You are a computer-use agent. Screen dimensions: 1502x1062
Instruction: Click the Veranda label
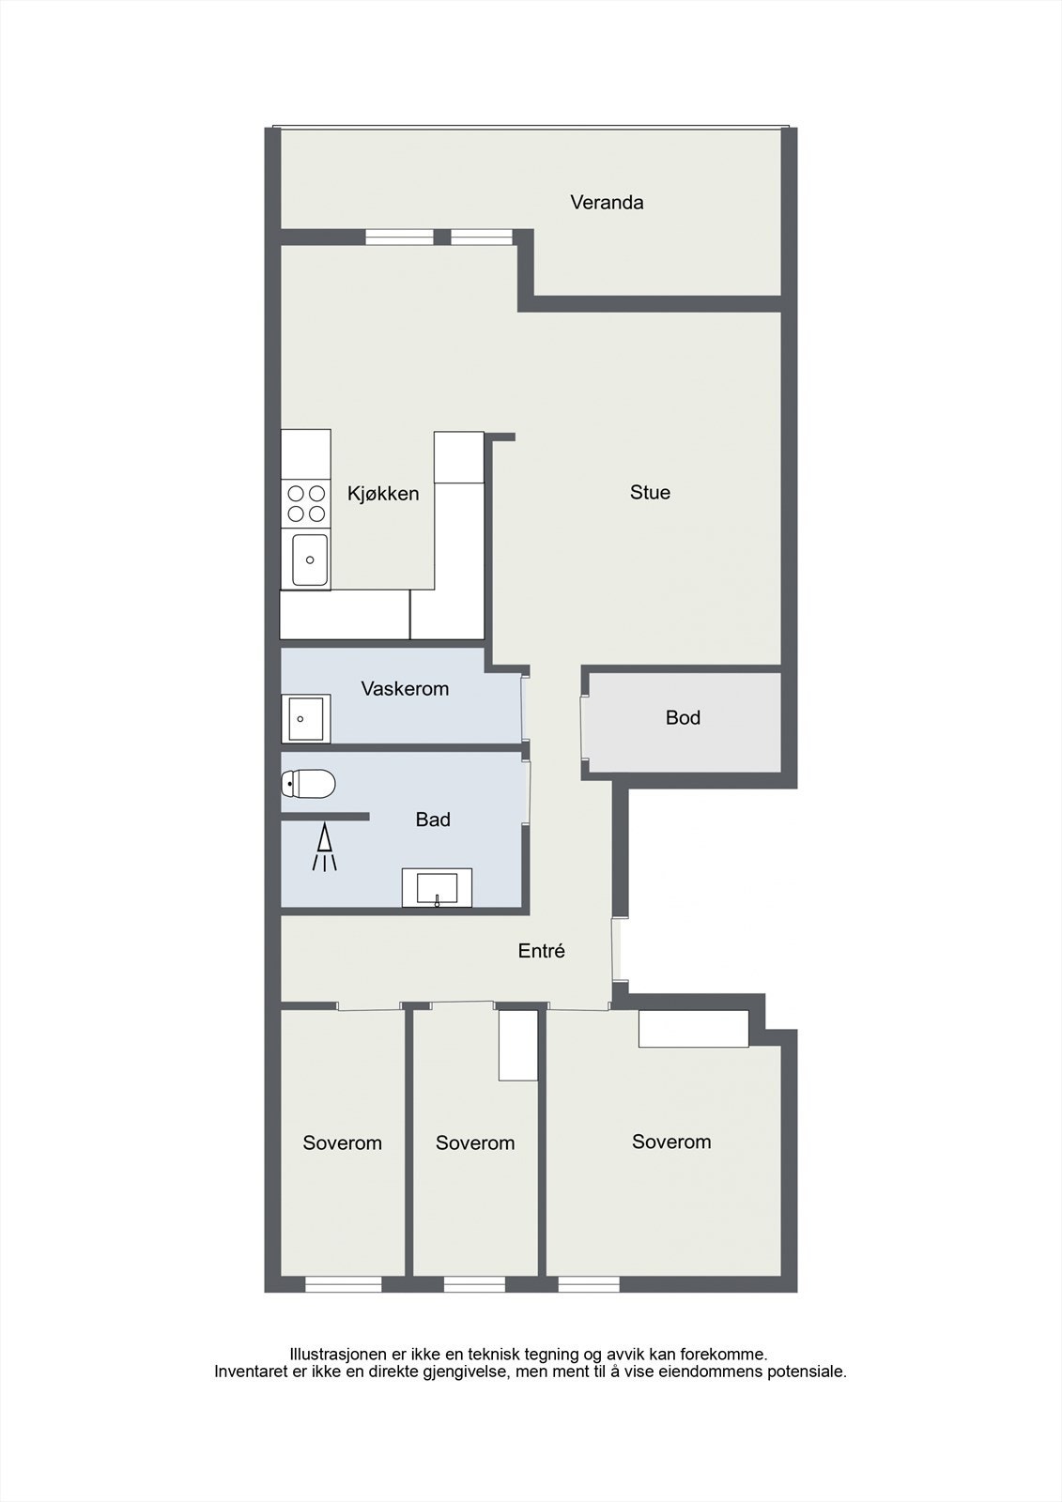pyautogui.click(x=607, y=202)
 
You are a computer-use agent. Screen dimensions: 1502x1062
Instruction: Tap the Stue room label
pyautogui.click(x=650, y=492)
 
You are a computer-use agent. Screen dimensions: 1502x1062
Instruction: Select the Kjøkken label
pyautogui.click(x=383, y=494)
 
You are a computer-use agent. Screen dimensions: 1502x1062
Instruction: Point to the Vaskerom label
pyautogui.click(x=405, y=688)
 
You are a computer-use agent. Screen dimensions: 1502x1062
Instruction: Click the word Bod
pyautogui.click(x=683, y=717)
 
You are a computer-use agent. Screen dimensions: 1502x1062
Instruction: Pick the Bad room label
pyautogui.click(x=433, y=820)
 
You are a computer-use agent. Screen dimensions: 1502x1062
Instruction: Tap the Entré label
pyautogui.click(x=542, y=951)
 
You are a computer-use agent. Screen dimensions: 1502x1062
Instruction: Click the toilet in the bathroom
pyautogui.click(x=309, y=783)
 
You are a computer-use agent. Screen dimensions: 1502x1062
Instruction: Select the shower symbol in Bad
pyautogui.click(x=324, y=847)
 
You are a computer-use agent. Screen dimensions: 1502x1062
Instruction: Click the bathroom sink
pyautogui.click(x=437, y=887)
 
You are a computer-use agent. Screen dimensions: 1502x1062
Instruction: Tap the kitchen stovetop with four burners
pyautogui.click(x=306, y=503)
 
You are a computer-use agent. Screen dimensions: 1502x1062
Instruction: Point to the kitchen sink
pyautogui.click(x=309, y=559)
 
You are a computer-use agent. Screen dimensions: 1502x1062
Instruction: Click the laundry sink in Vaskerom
pyautogui.click(x=304, y=719)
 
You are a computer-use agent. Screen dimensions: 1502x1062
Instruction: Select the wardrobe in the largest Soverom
pyautogui.click(x=693, y=1028)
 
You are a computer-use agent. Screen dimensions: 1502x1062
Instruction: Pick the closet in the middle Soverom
pyautogui.click(x=517, y=1045)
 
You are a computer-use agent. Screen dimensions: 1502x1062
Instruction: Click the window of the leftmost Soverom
pyautogui.click(x=344, y=1284)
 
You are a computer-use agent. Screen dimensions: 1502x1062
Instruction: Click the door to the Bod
pyautogui.click(x=584, y=720)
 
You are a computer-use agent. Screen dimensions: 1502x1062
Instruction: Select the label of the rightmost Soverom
pyautogui.click(x=671, y=1142)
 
